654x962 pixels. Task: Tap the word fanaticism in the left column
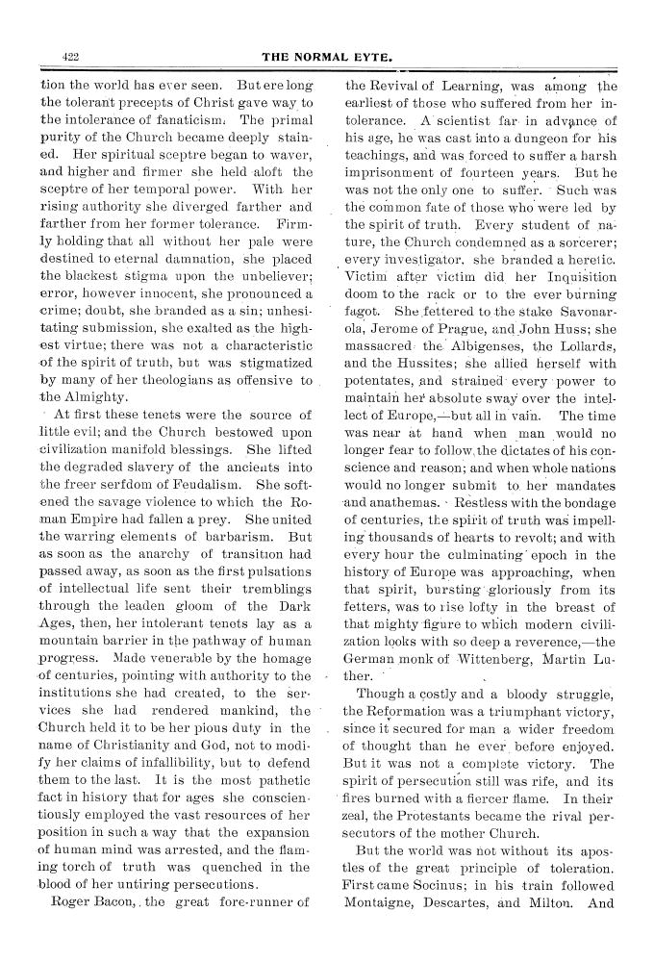185,120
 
